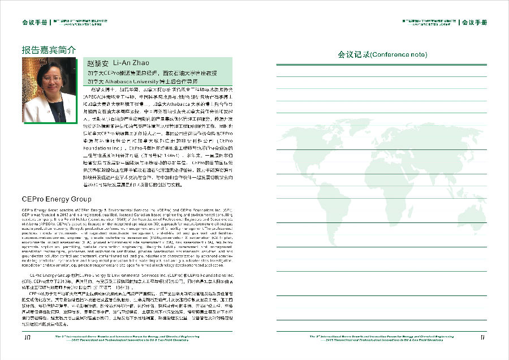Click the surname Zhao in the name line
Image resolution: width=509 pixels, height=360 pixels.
coord(141,63)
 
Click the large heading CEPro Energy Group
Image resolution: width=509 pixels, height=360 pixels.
coord(57,199)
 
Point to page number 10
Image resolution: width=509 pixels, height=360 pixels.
coord(27,338)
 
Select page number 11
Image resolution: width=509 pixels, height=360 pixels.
coord(482,338)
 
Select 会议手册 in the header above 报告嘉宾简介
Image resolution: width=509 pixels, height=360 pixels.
coord(34,23)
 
